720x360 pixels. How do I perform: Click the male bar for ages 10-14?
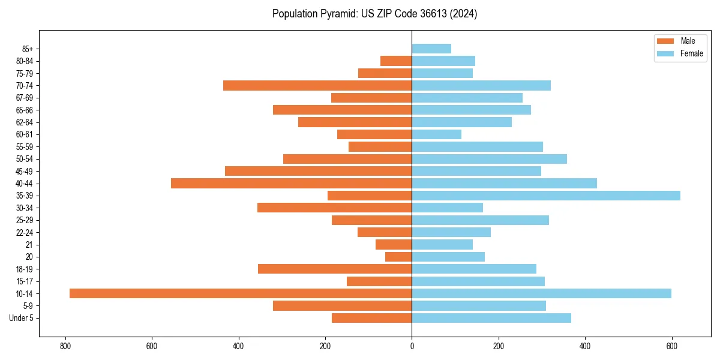pyautogui.click(x=240, y=293)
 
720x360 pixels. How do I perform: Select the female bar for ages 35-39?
pyautogui.click(x=546, y=196)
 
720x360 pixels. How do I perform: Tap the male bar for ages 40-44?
pyautogui.click(x=291, y=183)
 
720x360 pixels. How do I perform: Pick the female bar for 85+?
pyautogui.click(x=431, y=49)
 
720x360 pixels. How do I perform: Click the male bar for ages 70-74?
pyautogui.click(x=317, y=85)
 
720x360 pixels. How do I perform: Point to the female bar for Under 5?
pyautogui.click(x=491, y=318)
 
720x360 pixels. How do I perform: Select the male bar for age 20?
pyautogui.click(x=398, y=257)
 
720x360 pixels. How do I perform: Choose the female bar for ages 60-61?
pyautogui.click(x=436, y=134)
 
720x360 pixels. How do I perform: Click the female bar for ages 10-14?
pyautogui.click(x=541, y=293)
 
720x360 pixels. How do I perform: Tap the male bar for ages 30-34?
pyautogui.click(x=334, y=208)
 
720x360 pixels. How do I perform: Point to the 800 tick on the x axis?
pyautogui.click(x=65, y=346)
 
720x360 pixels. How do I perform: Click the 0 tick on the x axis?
pyautogui.click(x=412, y=346)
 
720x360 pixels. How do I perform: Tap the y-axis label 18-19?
pyautogui.click(x=25, y=269)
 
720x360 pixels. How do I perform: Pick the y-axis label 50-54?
pyautogui.click(x=25, y=159)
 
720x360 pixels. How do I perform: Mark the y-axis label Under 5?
pyautogui.click(x=21, y=318)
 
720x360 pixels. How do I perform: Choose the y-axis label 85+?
pyautogui.click(x=27, y=49)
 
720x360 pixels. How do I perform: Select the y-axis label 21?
pyautogui.click(x=29, y=245)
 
